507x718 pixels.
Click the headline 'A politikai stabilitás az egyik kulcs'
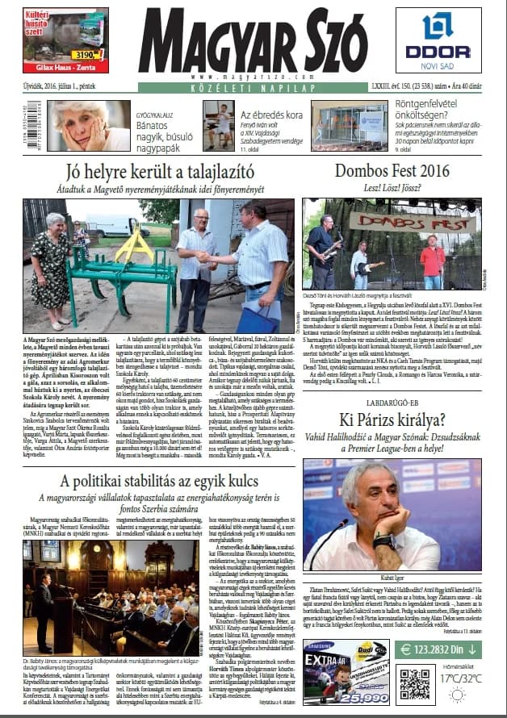(x=153, y=481)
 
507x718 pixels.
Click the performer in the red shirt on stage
(x=433, y=263)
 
